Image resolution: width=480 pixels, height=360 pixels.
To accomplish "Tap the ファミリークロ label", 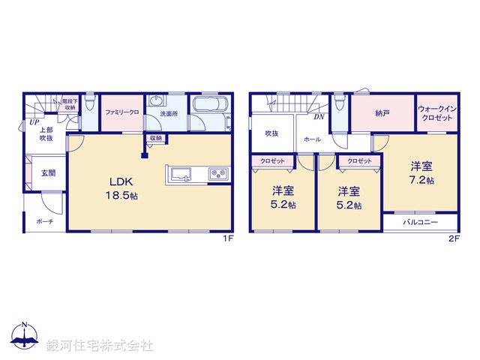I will pyautogui.click(x=121, y=112).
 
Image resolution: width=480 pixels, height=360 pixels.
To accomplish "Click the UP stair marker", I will pyautogui.click(x=34, y=123).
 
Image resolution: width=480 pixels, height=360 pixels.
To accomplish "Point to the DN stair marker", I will pyautogui.click(x=319, y=117).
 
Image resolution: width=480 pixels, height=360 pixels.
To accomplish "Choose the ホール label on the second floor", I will pyautogui.click(x=312, y=139).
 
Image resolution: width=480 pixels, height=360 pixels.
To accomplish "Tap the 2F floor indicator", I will pyautogui.click(x=453, y=238).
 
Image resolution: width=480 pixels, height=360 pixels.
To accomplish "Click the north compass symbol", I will pyautogui.click(x=25, y=337).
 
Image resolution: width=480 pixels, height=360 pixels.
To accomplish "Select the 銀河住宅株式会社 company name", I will pyautogui.click(x=100, y=345).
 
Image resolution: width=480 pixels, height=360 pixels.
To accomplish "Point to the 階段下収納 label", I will pyautogui.click(x=69, y=103).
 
